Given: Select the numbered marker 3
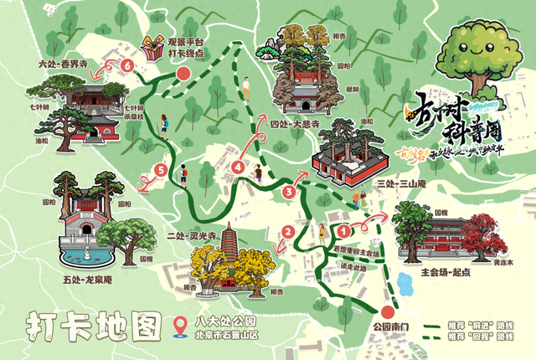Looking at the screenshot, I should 289,193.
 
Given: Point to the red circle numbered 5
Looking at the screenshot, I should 161,172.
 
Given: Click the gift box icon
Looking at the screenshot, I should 153,49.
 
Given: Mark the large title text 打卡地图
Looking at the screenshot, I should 91,326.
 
